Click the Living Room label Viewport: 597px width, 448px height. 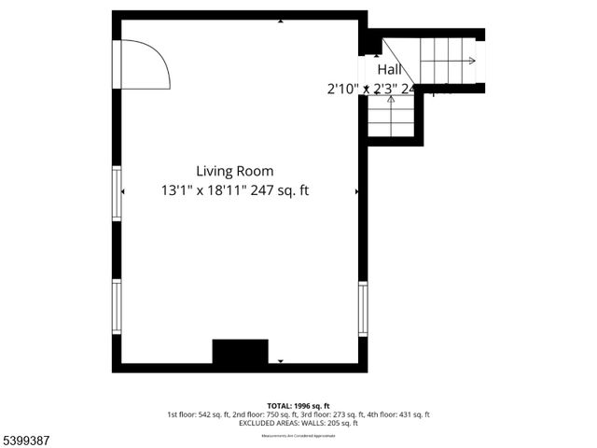click(234, 171)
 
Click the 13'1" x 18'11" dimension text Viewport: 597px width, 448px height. click(234, 190)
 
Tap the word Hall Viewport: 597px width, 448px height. click(389, 70)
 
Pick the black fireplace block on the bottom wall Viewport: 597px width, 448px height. click(240, 352)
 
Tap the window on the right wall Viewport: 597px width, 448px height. click(363, 308)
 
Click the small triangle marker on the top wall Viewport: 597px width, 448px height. click(281, 20)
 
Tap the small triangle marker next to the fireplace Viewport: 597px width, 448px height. click(280, 360)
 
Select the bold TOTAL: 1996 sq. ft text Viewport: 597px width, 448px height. click(298, 406)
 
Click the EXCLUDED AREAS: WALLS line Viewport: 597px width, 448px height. click(298, 423)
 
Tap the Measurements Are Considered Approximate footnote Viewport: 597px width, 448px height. click(298, 435)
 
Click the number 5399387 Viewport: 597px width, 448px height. click(25, 436)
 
